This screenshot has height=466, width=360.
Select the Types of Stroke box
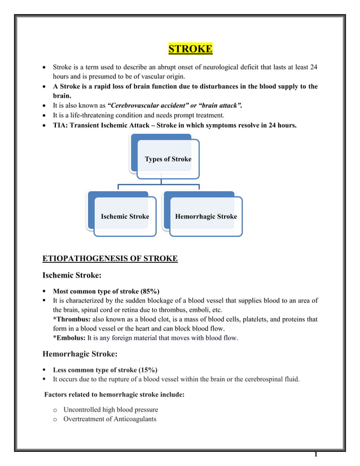[168, 159]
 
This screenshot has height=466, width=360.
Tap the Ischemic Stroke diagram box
[125, 217]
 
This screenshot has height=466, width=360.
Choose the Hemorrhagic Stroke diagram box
[206, 217]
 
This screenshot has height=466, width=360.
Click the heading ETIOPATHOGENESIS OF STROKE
[110, 259]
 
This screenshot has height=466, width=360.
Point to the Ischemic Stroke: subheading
[72, 276]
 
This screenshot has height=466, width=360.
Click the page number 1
[317, 455]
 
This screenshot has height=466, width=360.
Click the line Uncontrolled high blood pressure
[111, 409]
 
